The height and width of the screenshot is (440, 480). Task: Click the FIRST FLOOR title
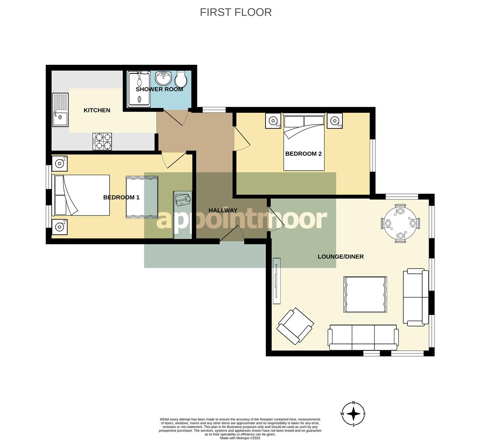[236, 12]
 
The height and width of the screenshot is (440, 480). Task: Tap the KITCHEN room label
[97, 110]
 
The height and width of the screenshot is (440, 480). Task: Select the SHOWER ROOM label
[159, 89]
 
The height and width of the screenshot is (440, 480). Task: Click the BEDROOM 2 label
[303, 154]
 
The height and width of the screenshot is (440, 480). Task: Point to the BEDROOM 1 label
[121, 197]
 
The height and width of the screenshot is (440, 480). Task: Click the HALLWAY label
[223, 210]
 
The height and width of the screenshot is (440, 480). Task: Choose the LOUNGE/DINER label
[341, 256]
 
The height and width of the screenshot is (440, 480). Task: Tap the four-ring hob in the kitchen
[102, 141]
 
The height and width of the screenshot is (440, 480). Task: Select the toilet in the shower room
[181, 79]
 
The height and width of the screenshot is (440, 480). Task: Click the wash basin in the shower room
[163, 78]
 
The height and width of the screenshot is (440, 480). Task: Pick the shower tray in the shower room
[138, 89]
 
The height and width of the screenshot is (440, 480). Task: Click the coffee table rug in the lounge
[365, 294]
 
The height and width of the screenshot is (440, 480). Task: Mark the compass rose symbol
[353, 414]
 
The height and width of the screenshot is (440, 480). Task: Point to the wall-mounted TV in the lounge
[277, 281]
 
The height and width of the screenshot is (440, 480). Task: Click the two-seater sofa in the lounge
[416, 297]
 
